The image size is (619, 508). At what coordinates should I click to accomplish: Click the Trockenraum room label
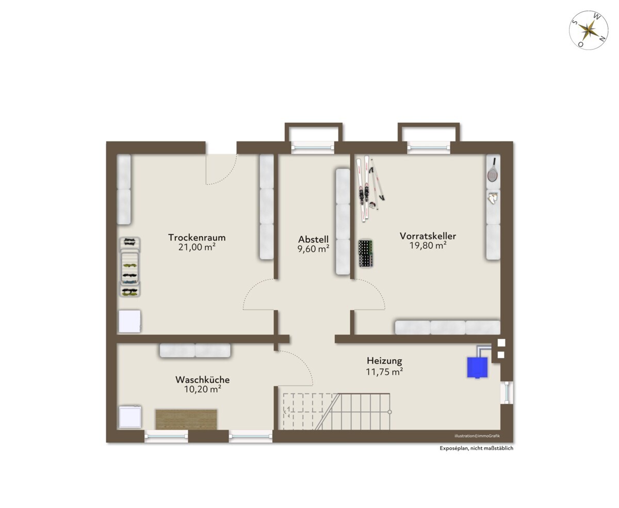tap(197, 237)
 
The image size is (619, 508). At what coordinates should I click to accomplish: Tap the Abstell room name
tap(313, 239)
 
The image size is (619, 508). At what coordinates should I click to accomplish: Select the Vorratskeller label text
tap(428, 236)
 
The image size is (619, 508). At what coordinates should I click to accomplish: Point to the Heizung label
tap(384, 361)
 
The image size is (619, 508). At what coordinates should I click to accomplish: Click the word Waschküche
tap(203, 379)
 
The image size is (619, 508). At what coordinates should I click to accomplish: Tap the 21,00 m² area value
tap(197, 247)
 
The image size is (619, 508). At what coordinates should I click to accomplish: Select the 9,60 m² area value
tap(313, 249)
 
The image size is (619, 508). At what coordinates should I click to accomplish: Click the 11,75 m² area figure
tap(384, 372)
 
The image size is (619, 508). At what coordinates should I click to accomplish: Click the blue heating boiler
tap(477, 367)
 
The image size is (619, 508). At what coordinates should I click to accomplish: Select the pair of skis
tap(363, 188)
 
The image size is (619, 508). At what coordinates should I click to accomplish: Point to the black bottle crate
tap(365, 253)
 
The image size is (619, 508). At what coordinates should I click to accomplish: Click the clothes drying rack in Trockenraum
tap(129, 267)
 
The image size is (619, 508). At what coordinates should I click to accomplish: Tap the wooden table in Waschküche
tap(186, 420)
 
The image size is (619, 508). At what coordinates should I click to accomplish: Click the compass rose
tap(589, 30)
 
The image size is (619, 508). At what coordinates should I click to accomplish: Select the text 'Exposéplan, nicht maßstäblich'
tap(476, 448)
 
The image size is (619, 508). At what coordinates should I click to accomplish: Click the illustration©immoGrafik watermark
tap(477, 436)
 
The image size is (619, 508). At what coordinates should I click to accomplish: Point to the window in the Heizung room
tap(507, 392)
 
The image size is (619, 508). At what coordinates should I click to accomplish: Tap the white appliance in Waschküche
tap(130, 417)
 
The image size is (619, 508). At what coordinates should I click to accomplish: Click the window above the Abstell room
tap(313, 148)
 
